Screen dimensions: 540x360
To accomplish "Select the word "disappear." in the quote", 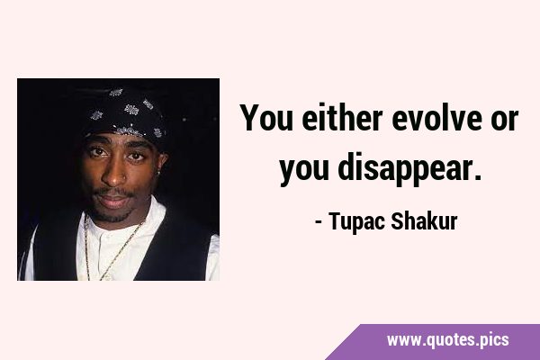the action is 409,168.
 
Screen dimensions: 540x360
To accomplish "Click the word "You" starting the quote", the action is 266,118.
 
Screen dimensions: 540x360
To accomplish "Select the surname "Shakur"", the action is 424,220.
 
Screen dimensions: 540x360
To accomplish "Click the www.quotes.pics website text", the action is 447,340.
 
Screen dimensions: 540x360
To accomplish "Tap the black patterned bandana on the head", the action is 125,114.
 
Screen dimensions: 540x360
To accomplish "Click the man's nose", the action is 114,174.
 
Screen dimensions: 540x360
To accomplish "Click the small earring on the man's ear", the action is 159,172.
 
